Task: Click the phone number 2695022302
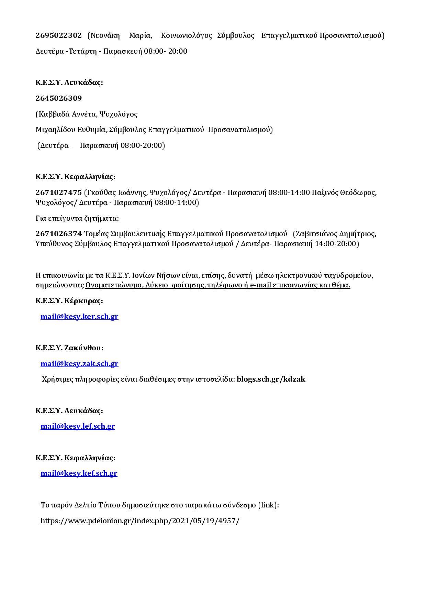tap(58, 35)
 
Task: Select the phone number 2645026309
tap(58, 98)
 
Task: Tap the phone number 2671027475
tap(58, 193)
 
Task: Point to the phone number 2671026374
tap(58, 234)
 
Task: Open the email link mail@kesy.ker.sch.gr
tap(79, 317)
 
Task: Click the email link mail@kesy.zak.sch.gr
tap(79, 364)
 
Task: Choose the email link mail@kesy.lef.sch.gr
tap(78, 426)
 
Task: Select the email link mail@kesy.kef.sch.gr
tap(79, 473)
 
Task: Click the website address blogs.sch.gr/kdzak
tap(271, 379)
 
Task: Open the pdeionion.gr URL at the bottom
tap(140, 520)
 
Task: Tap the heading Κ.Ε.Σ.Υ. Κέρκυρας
tap(69, 301)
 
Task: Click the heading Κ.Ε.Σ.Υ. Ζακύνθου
tap(69, 348)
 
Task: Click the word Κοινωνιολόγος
tap(187, 35)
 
